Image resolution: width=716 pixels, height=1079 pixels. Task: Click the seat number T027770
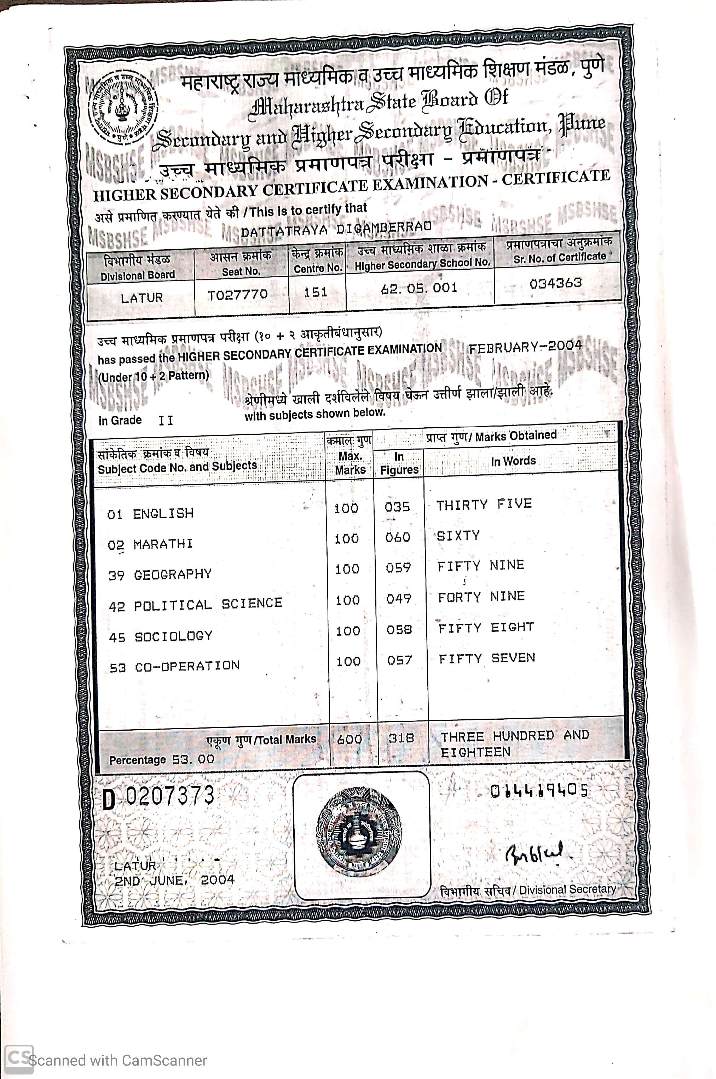237,295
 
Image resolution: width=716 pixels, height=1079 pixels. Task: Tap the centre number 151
316,292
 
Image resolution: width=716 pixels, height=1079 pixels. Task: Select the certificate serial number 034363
556,283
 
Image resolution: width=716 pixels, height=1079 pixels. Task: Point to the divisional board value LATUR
142,298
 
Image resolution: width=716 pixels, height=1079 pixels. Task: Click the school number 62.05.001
419,288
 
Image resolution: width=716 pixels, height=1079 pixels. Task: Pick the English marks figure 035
397,507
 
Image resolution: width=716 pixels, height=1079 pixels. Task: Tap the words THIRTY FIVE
484,504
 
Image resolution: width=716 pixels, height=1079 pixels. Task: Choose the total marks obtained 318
402,738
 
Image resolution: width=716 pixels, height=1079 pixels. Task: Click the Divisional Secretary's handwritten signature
534,854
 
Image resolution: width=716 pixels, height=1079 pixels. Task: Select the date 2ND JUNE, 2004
174,880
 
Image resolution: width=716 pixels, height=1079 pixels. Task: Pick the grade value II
166,420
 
